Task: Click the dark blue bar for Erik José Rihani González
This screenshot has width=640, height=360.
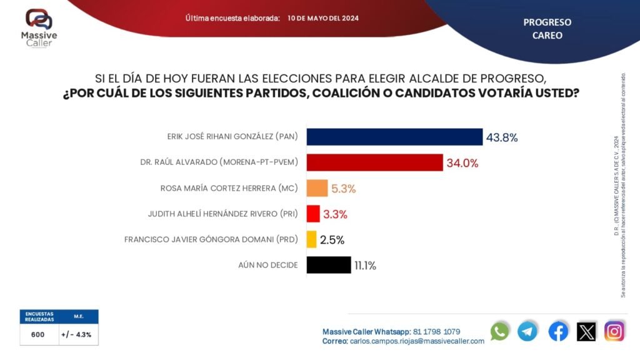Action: tap(394, 137)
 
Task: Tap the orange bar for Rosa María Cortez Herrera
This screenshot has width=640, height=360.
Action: tap(317, 188)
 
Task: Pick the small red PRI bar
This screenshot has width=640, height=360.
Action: tap(313, 214)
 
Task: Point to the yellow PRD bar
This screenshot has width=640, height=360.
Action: tap(311, 239)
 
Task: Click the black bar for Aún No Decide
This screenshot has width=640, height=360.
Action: tap(328, 265)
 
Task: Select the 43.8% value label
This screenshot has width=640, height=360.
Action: tap(502, 137)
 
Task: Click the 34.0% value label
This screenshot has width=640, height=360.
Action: tap(462, 163)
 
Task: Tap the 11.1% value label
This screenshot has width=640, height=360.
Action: tap(365, 266)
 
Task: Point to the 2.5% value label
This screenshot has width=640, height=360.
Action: tap(332, 240)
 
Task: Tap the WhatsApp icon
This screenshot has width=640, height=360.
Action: tap(500, 331)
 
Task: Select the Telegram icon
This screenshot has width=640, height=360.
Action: tap(527, 331)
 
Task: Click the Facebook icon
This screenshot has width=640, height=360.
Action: tap(558, 331)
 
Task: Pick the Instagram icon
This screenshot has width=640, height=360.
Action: tap(614, 331)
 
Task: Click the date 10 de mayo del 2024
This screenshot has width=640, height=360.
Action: tap(323, 18)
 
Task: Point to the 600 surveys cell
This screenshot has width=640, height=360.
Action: tap(38, 334)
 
